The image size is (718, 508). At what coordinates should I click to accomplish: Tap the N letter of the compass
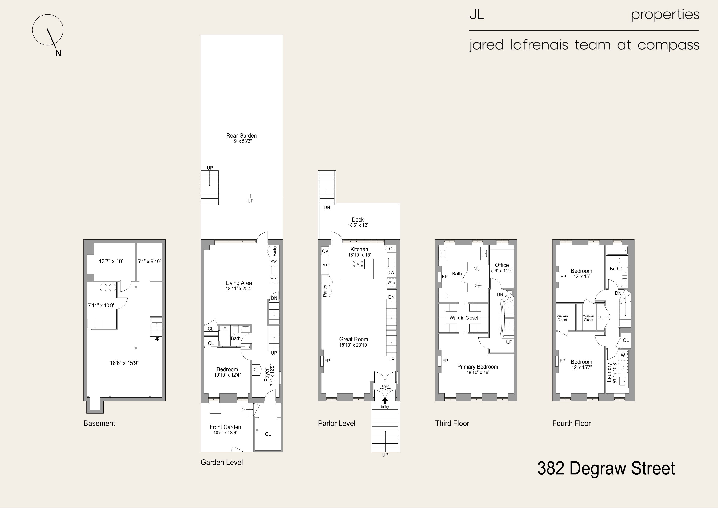(x=58, y=53)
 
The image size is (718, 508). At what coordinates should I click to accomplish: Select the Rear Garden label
(x=241, y=135)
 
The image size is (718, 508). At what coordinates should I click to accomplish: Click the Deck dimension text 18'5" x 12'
(x=358, y=225)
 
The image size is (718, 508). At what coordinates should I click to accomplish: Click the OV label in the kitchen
(x=325, y=251)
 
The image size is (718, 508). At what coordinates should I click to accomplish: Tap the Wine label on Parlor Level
(x=391, y=282)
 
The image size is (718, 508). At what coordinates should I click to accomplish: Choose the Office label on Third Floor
(x=502, y=265)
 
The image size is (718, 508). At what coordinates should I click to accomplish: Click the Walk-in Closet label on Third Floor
(x=464, y=318)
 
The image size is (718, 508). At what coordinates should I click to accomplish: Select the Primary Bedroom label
(x=477, y=367)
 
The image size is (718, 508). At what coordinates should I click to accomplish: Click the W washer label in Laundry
(x=623, y=355)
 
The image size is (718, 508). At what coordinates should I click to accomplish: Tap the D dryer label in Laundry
(x=623, y=368)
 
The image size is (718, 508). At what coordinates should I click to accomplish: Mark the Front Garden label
(x=225, y=427)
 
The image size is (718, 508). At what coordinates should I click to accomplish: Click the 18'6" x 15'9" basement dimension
(x=124, y=363)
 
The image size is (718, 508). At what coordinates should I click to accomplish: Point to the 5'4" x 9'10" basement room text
(x=149, y=262)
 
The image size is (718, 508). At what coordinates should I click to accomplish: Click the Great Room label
(x=354, y=339)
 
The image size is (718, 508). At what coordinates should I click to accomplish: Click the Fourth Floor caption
(x=571, y=423)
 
